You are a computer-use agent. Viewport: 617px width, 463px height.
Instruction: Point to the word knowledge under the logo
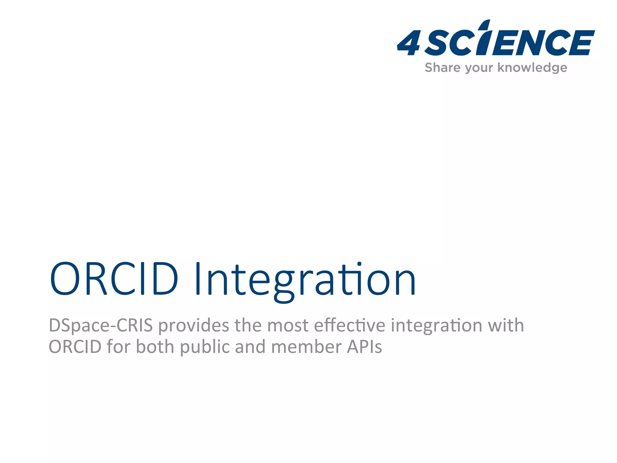(x=532, y=68)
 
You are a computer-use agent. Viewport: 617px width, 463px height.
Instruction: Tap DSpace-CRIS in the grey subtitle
(x=101, y=326)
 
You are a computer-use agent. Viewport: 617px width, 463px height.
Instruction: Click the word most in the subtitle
(x=288, y=326)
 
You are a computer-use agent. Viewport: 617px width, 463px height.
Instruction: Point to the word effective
(x=349, y=326)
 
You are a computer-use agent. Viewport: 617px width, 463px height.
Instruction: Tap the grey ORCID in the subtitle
(x=75, y=347)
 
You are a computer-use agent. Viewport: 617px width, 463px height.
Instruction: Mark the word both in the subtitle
(x=155, y=347)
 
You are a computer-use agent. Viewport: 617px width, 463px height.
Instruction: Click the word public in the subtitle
(x=205, y=347)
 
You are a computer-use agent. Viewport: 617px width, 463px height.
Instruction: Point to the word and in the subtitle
(x=250, y=347)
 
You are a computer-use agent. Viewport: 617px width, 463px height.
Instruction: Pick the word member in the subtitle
(x=306, y=347)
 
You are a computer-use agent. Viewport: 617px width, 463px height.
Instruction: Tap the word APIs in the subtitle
(x=364, y=347)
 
